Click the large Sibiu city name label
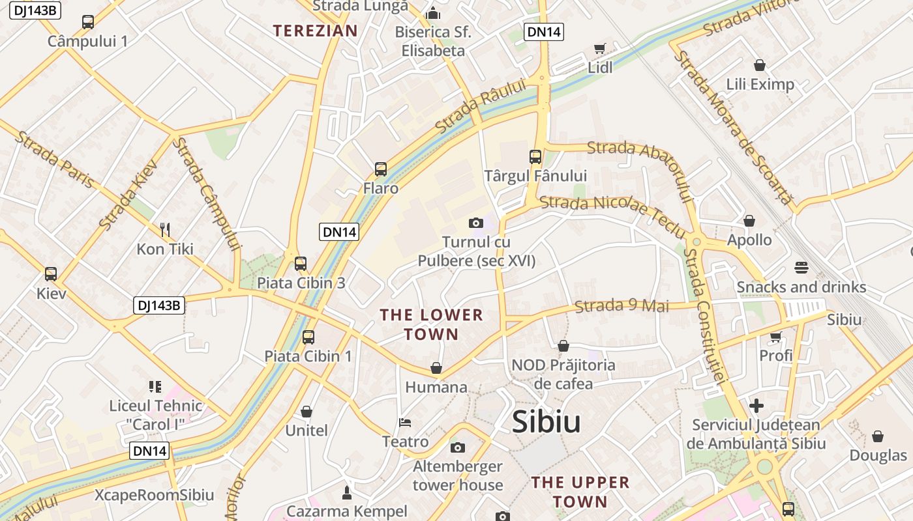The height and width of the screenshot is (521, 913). [x=546, y=422]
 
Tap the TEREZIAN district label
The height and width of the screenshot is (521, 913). [x=315, y=30]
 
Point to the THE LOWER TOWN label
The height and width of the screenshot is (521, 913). [x=431, y=324]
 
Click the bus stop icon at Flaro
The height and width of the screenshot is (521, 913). [x=381, y=169]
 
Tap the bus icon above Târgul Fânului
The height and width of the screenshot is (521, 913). [x=535, y=156]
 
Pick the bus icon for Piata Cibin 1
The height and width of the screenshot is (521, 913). [x=308, y=337]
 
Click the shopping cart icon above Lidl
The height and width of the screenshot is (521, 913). [x=600, y=48]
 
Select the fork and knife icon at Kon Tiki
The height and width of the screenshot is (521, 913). [x=165, y=229]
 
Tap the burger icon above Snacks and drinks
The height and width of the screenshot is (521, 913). [x=801, y=268]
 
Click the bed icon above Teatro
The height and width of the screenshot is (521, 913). [x=405, y=422]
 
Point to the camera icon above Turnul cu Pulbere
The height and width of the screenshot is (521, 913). [x=475, y=223]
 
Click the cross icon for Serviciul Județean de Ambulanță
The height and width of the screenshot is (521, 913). [x=756, y=406]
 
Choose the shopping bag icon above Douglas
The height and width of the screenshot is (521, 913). [x=878, y=436]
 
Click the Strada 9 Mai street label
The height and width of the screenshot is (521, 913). [x=622, y=305]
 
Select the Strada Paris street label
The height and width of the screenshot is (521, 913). [x=55, y=159]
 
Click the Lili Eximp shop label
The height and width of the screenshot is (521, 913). [x=760, y=84]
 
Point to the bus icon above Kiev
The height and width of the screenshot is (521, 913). [x=51, y=274]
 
